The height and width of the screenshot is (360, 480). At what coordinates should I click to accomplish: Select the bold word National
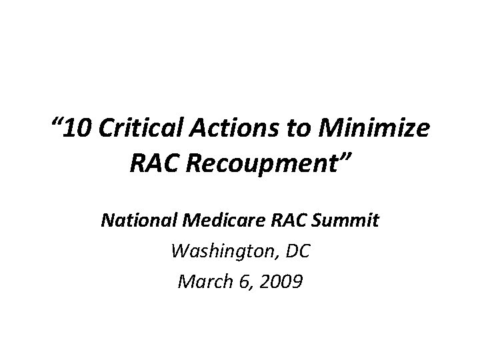[x=136, y=221]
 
